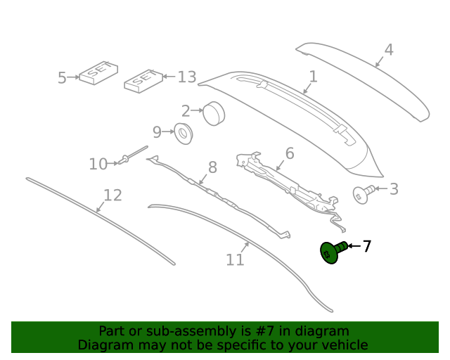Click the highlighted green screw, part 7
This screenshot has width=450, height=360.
[331, 252]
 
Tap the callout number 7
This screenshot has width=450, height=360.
[366, 246]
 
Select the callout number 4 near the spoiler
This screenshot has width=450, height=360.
[388, 50]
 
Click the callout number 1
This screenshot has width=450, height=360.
[313, 77]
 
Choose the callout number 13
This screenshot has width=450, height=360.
[186, 77]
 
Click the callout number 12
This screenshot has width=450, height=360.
[112, 195]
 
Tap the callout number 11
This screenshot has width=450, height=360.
[235, 259]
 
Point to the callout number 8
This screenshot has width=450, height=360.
[212, 167]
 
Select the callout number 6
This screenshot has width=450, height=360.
[289, 153]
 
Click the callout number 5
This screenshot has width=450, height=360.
[62, 78]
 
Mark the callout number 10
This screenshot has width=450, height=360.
[98, 165]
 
